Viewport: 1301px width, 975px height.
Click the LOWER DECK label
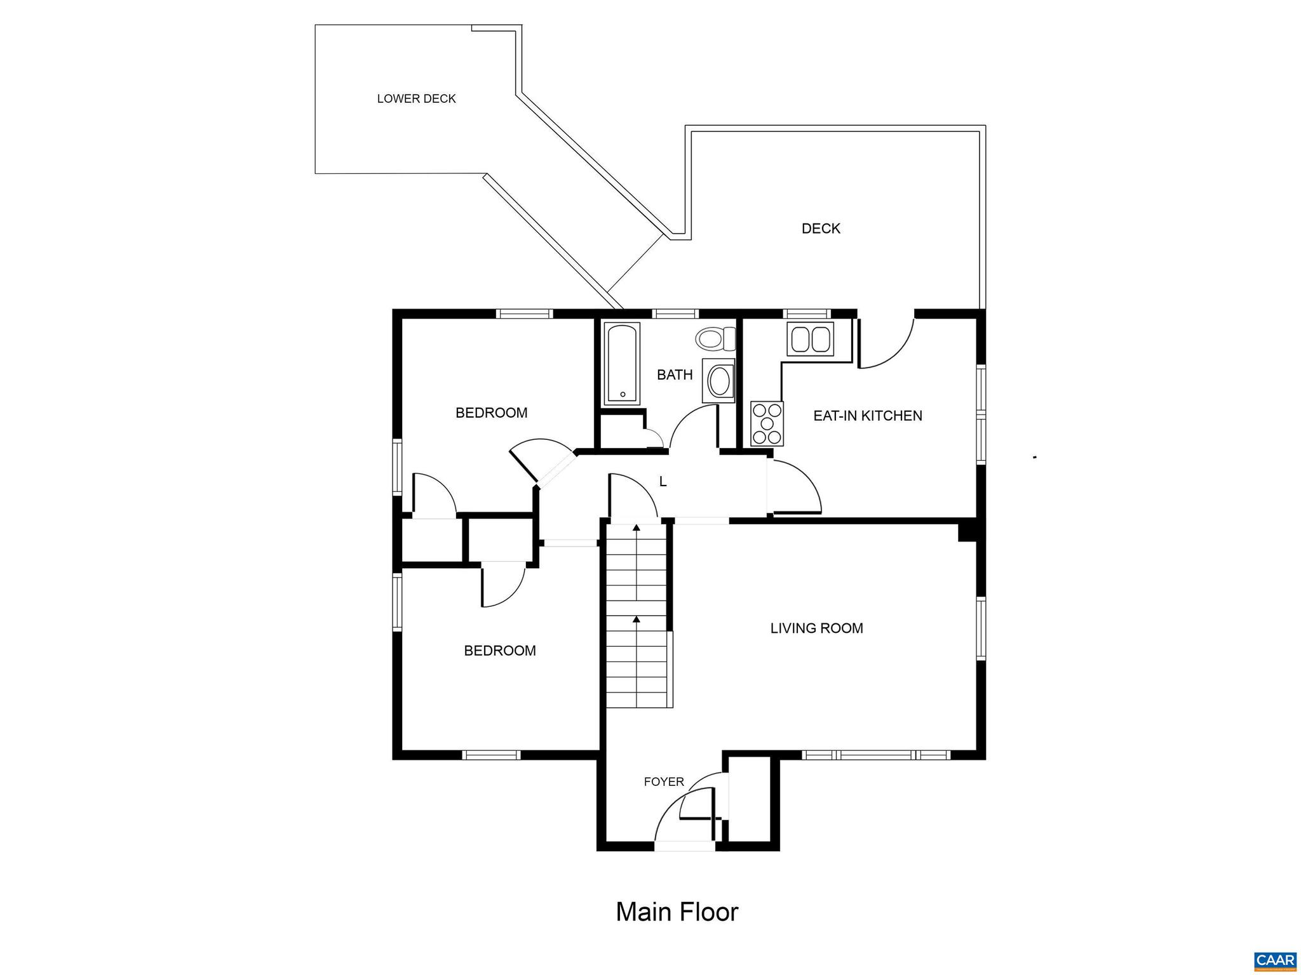(x=416, y=99)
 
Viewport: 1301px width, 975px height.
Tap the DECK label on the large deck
(x=821, y=229)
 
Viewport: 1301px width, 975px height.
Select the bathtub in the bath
(x=621, y=364)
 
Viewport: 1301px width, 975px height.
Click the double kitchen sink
(x=810, y=338)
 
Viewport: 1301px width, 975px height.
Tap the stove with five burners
(x=767, y=423)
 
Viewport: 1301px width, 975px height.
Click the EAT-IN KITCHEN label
(x=867, y=416)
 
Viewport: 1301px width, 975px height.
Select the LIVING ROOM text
(x=816, y=628)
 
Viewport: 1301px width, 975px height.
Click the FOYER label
(x=663, y=782)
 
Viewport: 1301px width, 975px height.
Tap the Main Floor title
(x=677, y=912)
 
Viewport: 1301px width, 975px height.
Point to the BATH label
(x=674, y=375)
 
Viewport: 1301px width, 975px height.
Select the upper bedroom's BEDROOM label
(x=491, y=413)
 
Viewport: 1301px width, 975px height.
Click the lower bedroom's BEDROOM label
(x=499, y=651)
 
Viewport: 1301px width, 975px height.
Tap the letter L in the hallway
(x=663, y=482)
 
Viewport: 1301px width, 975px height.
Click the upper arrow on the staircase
(x=636, y=528)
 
